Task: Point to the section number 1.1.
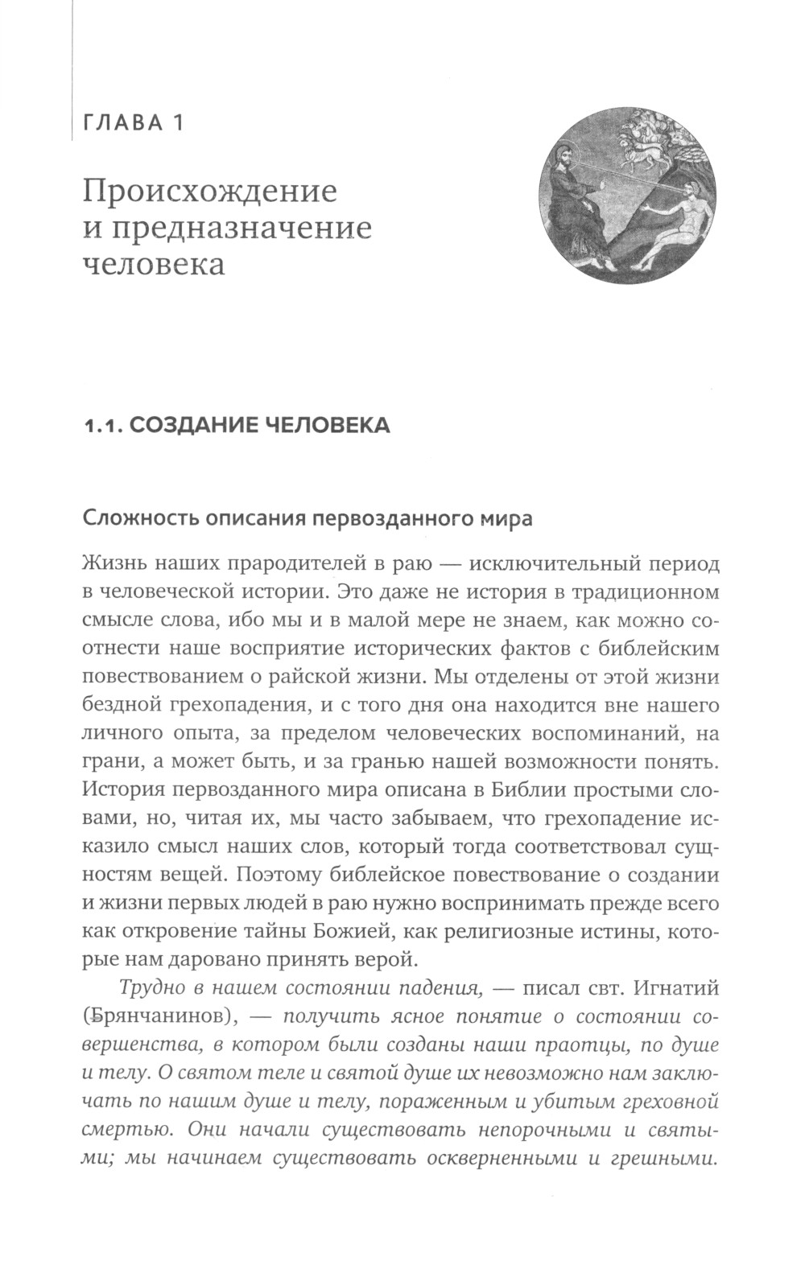(x=103, y=425)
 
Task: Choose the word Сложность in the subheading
(x=135, y=518)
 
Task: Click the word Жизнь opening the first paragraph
(x=112, y=565)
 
